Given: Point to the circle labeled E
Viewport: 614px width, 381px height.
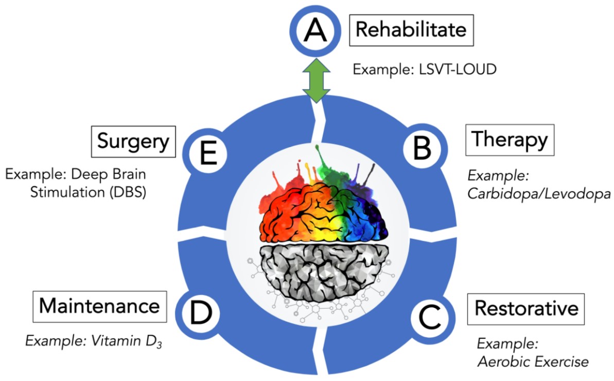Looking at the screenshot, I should (208, 153).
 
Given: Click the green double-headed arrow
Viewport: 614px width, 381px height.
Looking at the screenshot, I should (314, 78).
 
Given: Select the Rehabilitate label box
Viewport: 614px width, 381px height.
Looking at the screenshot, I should (411, 29).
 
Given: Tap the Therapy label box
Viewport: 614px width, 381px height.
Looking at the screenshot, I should (510, 139).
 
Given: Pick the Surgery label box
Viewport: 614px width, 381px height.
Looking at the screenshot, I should (133, 141).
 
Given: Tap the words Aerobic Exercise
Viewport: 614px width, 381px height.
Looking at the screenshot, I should (533, 362).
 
